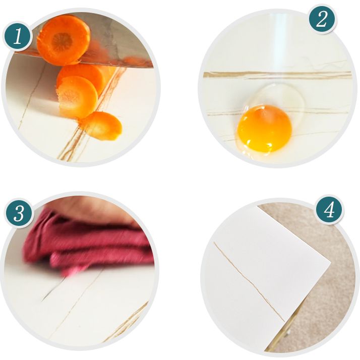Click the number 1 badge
pyautogui.click(x=18, y=36)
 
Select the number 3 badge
pyautogui.click(x=19, y=213)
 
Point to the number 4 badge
pyautogui.click(x=330, y=210)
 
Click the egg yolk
pyautogui.click(x=265, y=129)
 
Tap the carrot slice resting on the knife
pyautogui.click(x=64, y=39)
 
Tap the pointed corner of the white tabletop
pyautogui.click(x=330, y=262)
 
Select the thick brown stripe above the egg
pyautogui.click(x=277, y=75)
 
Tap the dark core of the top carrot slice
pyautogui.click(x=62, y=42)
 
